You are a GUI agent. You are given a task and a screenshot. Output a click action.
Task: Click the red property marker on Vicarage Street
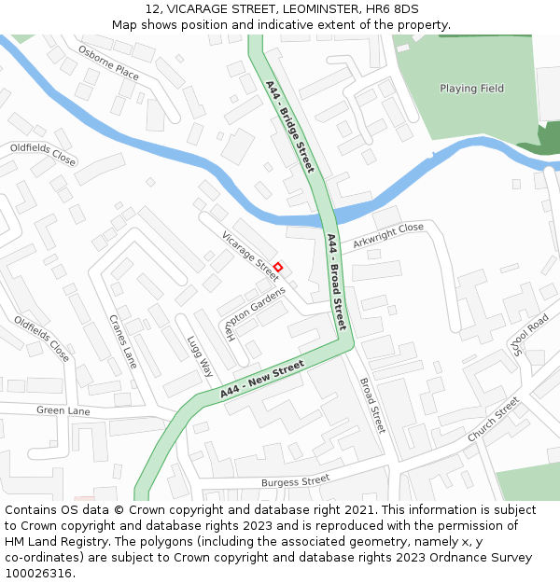(x=277, y=267)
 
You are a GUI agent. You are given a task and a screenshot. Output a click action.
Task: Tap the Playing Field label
(x=471, y=89)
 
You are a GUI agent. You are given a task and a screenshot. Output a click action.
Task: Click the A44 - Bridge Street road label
(x=289, y=126)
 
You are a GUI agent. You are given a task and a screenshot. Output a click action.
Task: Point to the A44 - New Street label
(x=263, y=381)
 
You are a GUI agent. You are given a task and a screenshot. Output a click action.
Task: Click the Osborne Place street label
(x=108, y=62)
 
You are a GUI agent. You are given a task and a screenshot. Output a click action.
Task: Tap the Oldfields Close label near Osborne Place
(x=43, y=154)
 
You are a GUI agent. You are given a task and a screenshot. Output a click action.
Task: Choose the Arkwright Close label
(x=387, y=235)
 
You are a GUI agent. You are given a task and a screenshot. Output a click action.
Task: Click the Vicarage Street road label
(x=250, y=253)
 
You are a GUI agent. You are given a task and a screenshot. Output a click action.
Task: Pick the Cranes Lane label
(x=122, y=340)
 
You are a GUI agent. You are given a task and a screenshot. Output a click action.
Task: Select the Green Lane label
(x=63, y=410)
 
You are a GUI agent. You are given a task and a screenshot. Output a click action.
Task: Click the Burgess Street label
(x=295, y=481)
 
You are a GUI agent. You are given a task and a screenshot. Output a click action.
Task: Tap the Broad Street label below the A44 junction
(x=371, y=405)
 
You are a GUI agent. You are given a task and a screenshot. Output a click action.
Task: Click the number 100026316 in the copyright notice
(x=37, y=573)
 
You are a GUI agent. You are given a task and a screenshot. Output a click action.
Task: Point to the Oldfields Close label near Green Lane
(x=41, y=339)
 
